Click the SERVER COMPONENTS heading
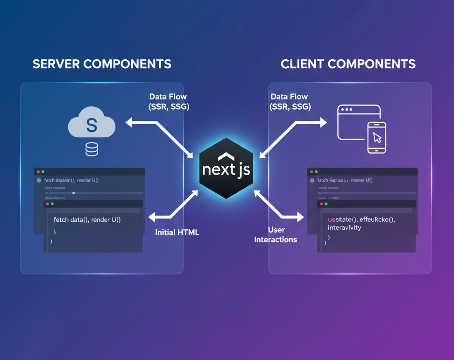[102, 64]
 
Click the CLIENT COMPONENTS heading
[348, 64]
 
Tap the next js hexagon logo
[227, 169]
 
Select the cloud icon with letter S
[92, 124]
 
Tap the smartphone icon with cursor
[377, 137]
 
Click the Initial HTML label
[177, 232]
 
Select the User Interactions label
[276, 235]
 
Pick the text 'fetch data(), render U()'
[87, 219]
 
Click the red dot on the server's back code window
[38, 172]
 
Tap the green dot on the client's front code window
[326, 204]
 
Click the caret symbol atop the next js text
[226, 156]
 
